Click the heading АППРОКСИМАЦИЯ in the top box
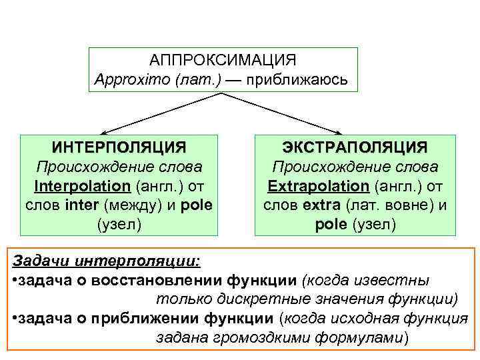[x=223, y=61]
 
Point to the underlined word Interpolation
[x=83, y=185]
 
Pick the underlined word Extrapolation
[x=319, y=185]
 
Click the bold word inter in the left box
[x=81, y=205]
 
